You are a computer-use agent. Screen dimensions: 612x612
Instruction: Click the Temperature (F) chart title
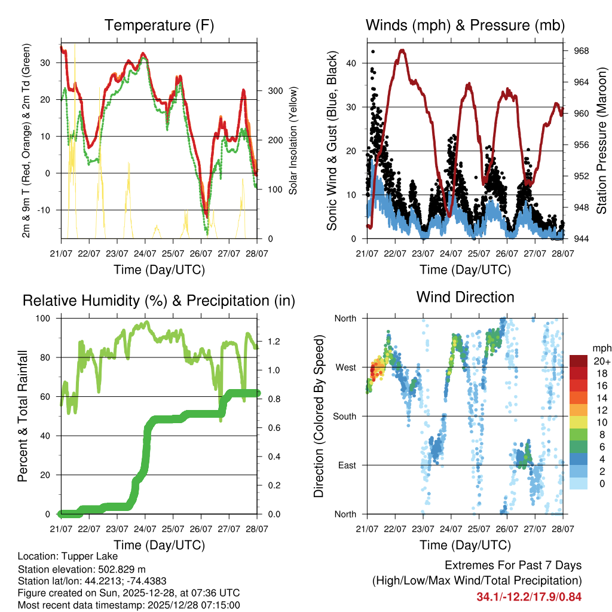pyautogui.click(x=159, y=26)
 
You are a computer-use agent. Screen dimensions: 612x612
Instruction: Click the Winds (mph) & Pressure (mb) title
pyautogui.click(x=465, y=26)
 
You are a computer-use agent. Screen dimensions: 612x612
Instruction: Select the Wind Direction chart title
pyautogui.click(x=465, y=297)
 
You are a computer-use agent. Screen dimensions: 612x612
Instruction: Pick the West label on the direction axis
pyautogui.click(x=345, y=367)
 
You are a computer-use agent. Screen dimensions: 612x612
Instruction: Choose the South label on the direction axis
pyautogui.click(x=344, y=416)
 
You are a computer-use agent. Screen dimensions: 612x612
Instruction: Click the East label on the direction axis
pyautogui.click(x=346, y=465)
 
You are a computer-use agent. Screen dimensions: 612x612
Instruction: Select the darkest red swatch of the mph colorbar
pyautogui.click(x=579, y=361)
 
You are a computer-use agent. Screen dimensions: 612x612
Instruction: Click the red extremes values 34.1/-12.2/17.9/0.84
pyautogui.click(x=529, y=597)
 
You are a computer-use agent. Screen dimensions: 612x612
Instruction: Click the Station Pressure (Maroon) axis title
pyautogui.click(x=602, y=141)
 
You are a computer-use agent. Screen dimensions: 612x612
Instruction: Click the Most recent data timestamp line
pyautogui.click(x=128, y=605)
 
